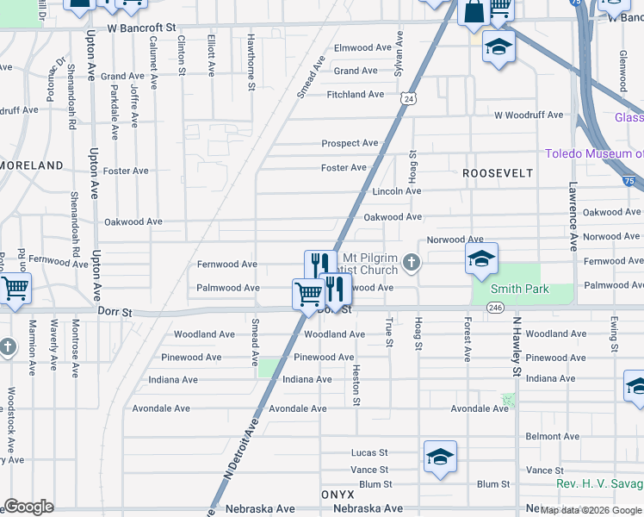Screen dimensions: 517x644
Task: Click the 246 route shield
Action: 494,307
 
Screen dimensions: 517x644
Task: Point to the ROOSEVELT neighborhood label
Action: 498,173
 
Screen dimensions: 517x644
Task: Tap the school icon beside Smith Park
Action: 482,258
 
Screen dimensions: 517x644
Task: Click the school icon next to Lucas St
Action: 440,457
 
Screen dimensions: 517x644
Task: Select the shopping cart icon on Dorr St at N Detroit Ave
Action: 308,294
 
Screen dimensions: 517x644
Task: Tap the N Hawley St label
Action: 517,346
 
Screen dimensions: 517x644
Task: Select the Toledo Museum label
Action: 594,154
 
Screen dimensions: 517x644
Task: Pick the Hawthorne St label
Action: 251,61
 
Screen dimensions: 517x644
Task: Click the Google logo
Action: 28,507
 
